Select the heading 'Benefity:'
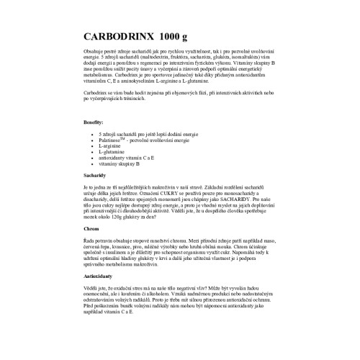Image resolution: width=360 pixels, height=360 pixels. coord(94,124)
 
